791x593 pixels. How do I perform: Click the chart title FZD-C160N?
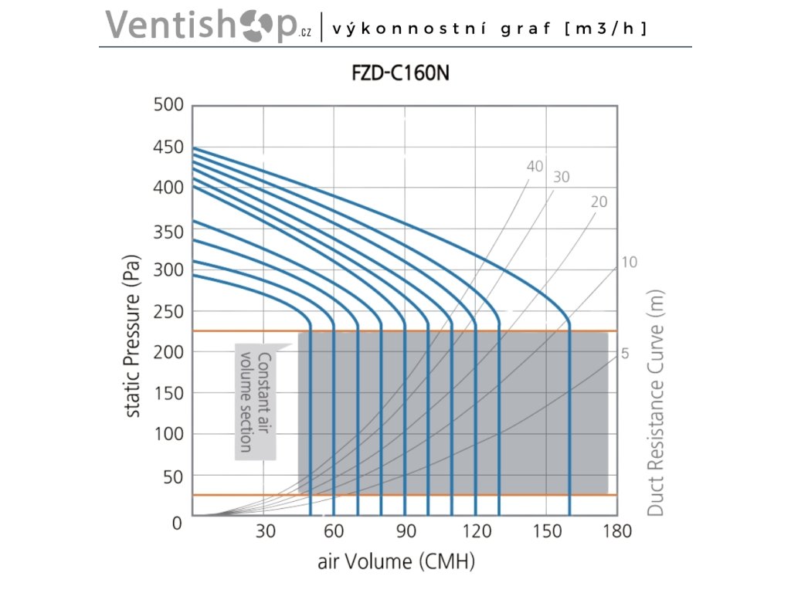[x=395, y=76]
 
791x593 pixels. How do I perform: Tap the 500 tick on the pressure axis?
[x=168, y=105]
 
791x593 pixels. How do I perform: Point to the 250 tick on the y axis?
[x=168, y=312]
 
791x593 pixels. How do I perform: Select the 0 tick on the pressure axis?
[x=177, y=523]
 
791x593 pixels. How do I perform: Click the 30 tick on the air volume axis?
[x=265, y=532]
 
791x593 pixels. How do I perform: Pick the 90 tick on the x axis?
[x=406, y=532]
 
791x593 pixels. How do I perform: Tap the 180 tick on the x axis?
[x=616, y=532]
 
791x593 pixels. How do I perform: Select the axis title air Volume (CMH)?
[x=395, y=561]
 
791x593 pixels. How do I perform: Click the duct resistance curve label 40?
[x=535, y=166]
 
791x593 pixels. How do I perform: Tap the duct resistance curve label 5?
[x=625, y=354]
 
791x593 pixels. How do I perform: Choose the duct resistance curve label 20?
[x=599, y=202]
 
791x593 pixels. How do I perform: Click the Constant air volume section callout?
[x=255, y=402]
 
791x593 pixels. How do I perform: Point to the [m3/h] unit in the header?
[x=606, y=29]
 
